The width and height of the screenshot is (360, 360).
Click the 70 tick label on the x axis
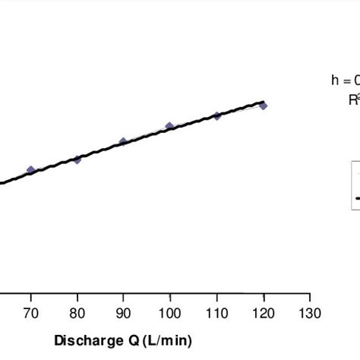pos(30,314)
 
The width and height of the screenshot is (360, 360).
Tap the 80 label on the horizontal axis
pos(77,314)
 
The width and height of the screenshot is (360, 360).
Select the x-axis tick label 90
pos(123,314)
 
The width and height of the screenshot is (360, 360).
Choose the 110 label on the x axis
pos(216,314)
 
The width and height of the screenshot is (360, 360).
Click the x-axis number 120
pos(263,314)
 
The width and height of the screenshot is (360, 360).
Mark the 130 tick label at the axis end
pos(309,314)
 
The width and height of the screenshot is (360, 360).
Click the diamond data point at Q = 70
pos(30,170)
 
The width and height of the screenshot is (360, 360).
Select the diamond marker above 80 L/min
pos(77,159)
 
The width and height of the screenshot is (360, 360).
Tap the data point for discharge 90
pos(123,142)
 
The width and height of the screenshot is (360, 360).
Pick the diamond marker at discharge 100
pos(169,126)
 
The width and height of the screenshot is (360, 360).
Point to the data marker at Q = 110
pos(216,115)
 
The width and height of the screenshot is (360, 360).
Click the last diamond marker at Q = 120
pos(263,106)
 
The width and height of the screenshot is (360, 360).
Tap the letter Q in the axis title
pos(125,341)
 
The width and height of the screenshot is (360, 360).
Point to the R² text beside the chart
pos(352,99)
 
